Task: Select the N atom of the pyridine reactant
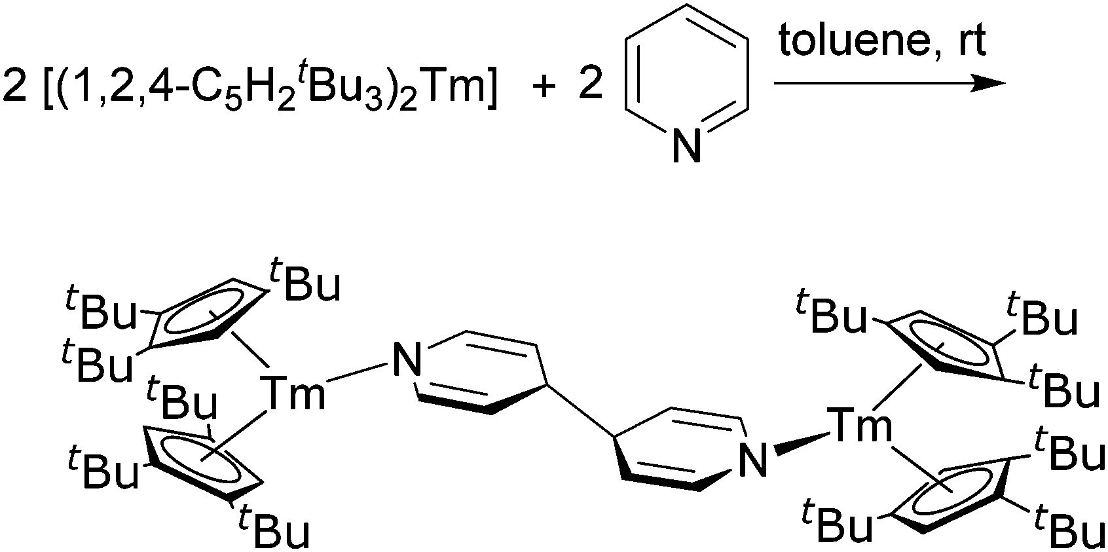686,145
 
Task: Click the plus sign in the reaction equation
543,86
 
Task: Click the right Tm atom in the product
860,426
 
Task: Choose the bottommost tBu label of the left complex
272,528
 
